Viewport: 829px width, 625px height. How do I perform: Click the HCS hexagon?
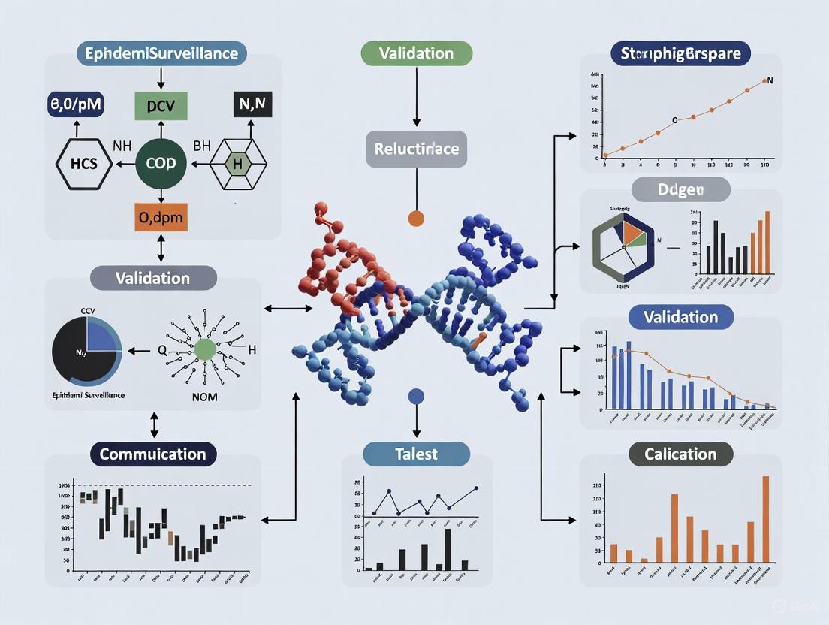[84, 163]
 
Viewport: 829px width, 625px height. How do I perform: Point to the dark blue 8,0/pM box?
[76, 106]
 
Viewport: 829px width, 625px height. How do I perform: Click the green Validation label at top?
[416, 53]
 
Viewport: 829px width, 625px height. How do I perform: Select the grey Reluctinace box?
[416, 149]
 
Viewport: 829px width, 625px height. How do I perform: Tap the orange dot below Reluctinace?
[416, 219]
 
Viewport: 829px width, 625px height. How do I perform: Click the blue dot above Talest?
[416, 397]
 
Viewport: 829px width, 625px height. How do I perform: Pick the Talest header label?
[416, 454]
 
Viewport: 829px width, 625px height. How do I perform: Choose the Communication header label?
[153, 454]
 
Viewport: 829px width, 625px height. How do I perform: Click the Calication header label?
[680, 454]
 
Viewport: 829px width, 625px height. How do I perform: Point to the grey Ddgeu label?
[680, 189]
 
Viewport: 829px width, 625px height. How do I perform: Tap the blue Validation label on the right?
[680, 316]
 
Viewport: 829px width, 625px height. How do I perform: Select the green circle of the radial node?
[204, 349]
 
